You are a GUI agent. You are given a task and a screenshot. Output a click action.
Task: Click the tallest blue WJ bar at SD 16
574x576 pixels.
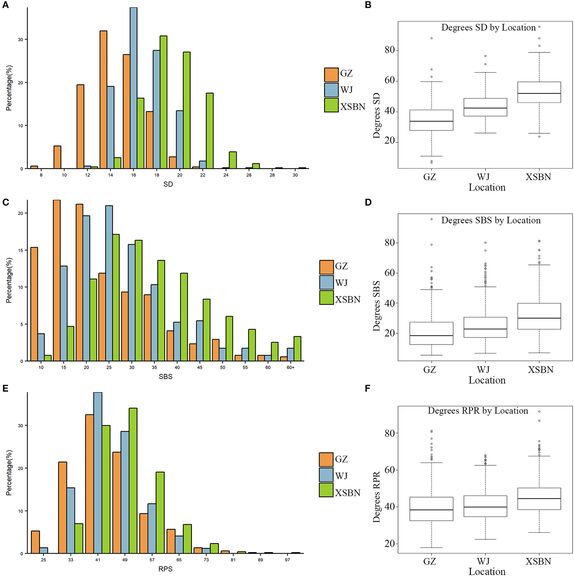point(133,88)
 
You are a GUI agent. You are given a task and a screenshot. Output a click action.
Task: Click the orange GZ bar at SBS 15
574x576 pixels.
point(57,280)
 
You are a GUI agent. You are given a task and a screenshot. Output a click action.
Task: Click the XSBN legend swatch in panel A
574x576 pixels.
point(331,105)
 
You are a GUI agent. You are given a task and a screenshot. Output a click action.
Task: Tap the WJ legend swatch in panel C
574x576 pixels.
point(326,282)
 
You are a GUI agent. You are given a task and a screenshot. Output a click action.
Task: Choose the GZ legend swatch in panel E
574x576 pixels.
point(326,460)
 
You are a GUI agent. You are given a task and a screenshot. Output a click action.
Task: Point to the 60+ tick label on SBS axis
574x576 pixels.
point(290,367)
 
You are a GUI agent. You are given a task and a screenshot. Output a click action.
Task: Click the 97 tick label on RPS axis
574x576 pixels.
point(287,560)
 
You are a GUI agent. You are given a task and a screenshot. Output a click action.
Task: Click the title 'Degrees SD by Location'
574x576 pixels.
point(488,28)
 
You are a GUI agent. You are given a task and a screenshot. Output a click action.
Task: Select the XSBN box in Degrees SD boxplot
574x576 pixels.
point(539,92)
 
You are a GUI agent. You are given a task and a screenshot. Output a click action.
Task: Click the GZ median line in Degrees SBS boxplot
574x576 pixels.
point(431,335)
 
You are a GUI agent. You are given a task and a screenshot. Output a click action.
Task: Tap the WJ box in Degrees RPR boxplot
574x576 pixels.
point(485,506)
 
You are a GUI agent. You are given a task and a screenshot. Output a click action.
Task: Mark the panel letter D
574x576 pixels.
point(368,202)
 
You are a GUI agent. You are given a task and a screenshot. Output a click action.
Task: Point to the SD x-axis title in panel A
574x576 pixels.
point(168,184)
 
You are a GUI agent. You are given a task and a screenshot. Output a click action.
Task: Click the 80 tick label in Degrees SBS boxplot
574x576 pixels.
point(390,243)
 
